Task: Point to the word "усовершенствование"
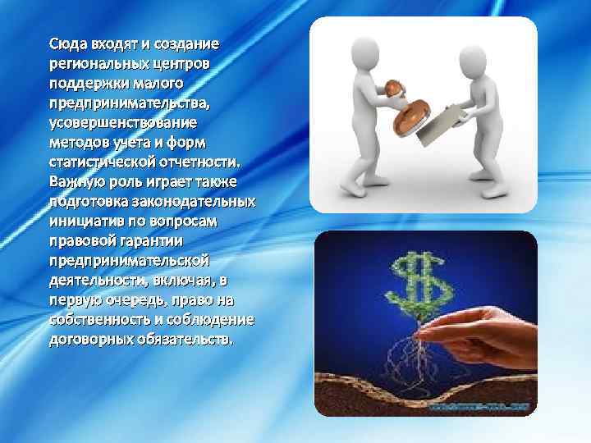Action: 122,121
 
